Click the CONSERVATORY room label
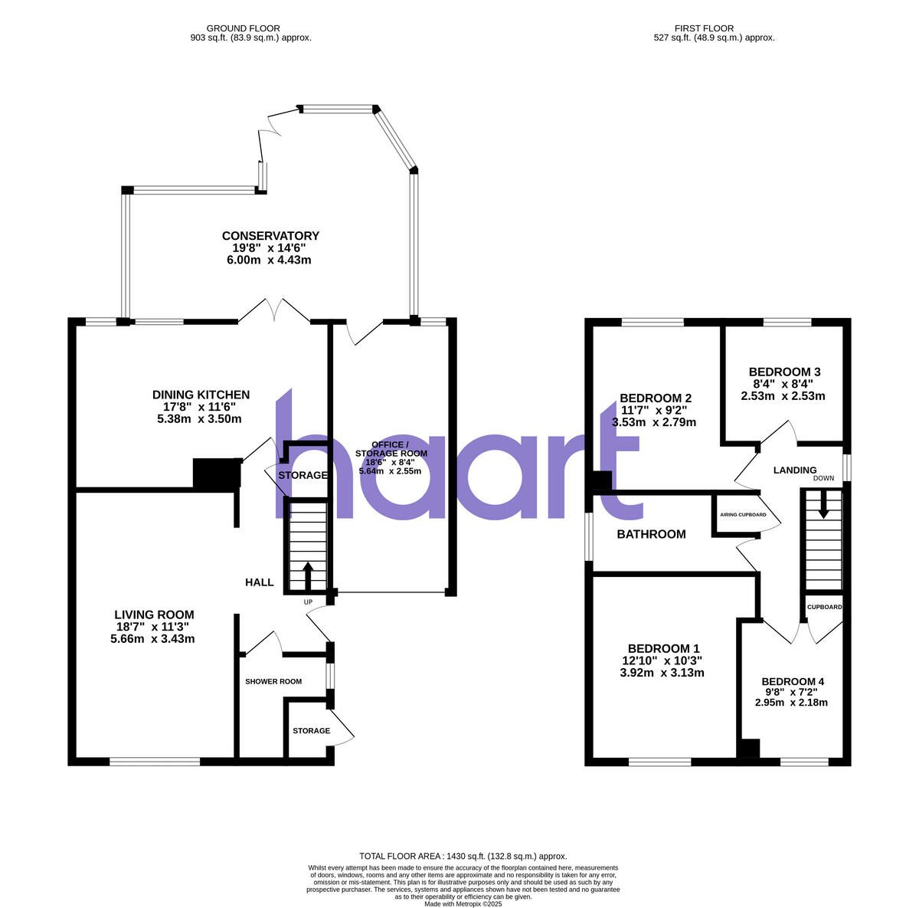tap(270, 236)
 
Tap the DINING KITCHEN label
tap(201, 395)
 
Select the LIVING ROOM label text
tap(154, 615)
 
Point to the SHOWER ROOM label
tap(273, 681)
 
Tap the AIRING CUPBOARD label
tap(743, 515)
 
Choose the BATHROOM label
tap(652, 534)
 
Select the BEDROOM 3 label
tap(783, 372)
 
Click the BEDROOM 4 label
tap(793, 681)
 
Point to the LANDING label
tap(795, 470)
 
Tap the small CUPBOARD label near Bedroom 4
tap(825, 607)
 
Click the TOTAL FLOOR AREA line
tap(463, 856)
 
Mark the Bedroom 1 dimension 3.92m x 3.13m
tap(662, 673)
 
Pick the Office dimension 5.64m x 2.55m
tap(390, 471)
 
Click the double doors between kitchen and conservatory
tap(274, 310)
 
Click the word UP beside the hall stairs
tap(308, 602)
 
